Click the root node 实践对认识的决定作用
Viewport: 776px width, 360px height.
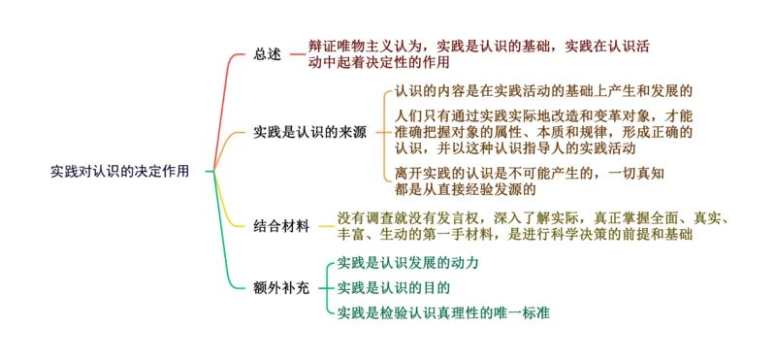(119, 171)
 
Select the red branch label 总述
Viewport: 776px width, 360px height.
(267, 54)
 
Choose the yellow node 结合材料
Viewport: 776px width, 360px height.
(281, 226)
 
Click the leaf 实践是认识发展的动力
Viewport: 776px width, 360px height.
(407, 263)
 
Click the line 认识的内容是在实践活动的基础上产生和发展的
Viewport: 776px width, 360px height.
(543, 91)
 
